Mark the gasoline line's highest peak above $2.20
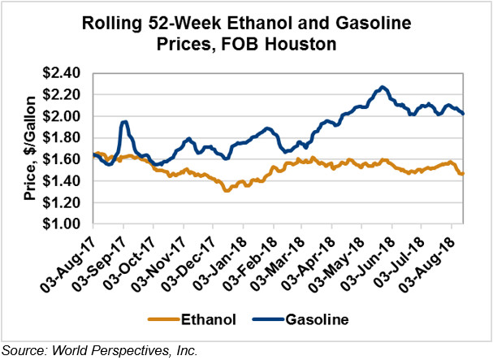382,86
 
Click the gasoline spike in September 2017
124,123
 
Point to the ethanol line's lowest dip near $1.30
227,190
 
